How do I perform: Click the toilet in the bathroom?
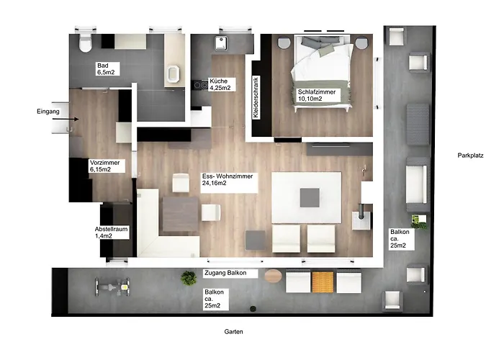point(85,42)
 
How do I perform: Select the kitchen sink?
point(221,43)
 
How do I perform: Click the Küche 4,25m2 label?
point(222,84)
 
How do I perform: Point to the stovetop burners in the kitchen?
point(201,85)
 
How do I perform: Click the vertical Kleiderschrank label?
point(256,97)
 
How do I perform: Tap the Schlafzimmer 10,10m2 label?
point(316,95)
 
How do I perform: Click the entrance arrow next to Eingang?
point(66,120)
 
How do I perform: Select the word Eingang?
point(48,112)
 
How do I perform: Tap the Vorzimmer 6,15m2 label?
point(106,166)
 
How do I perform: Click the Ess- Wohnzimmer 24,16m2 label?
point(228,179)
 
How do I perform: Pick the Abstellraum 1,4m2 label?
point(112,233)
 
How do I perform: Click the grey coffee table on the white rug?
point(310,198)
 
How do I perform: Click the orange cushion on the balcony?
point(323,282)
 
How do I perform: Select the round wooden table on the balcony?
point(273,276)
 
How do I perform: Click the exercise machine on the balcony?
point(112,287)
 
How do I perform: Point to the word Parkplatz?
point(471,156)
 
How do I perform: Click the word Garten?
point(234,332)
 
